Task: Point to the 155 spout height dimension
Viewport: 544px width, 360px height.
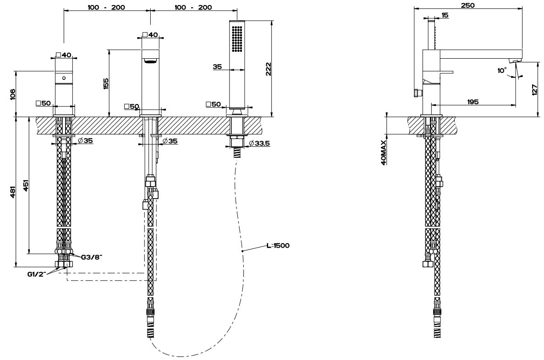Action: click(x=106, y=83)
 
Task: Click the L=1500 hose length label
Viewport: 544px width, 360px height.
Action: click(x=278, y=245)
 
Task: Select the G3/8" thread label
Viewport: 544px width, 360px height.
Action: click(x=91, y=257)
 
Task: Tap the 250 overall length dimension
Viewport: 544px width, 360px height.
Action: click(x=468, y=5)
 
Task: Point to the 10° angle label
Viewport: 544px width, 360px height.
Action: click(x=502, y=71)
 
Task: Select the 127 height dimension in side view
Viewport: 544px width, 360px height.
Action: click(x=535, y=90)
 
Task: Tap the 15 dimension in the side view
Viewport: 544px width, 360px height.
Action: click(x=445, y=15)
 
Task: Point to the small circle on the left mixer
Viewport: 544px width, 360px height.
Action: click(x=64, y=78)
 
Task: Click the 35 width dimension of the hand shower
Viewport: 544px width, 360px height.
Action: click(x=217, y=66)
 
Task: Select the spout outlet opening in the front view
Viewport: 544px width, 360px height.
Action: click(x=150, y=61)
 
